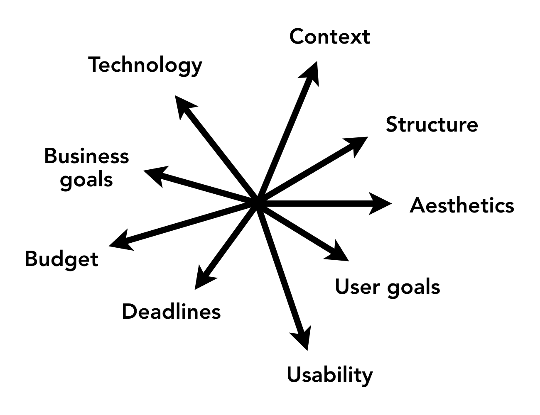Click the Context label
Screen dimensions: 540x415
point(330,37)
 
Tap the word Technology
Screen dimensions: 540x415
point(145,65)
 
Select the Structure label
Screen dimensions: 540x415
point(432,124)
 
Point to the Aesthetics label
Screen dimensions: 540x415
point(462,205)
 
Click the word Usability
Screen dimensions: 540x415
point(330,375)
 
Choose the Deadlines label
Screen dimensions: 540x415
point(171,312)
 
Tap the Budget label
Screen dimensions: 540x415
point(61,260)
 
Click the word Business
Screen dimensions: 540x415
point(86,156)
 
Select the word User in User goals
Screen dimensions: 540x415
point(358,287)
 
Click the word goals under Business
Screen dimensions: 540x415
point(86,180)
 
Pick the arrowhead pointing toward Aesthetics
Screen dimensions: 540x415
point(379,203)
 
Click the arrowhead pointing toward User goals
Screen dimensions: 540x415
point(339,252)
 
